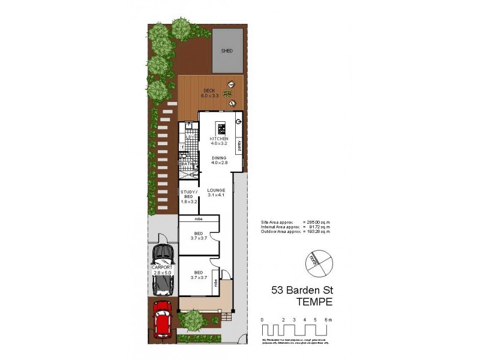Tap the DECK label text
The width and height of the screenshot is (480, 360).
[x=209, y=91]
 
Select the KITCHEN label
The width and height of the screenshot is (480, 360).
[x=218, y=139]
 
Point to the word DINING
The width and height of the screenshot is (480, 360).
[x=218, y=158]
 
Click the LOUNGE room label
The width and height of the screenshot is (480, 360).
[x=216, y=190]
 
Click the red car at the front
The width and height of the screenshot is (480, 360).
[x=162, y=319]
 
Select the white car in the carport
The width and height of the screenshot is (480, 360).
[x=162, y=269]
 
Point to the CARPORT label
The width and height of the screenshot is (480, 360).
[x=161, y=267]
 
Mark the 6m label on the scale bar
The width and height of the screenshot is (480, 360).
[x=327, y=320]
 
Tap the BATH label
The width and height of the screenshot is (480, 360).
[x=185, y=163]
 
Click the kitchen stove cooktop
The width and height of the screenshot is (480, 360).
[x=220, y=128]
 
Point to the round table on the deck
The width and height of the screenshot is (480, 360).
[x=228, y=94]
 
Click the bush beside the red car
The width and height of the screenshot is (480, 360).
[x=193, y=322]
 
